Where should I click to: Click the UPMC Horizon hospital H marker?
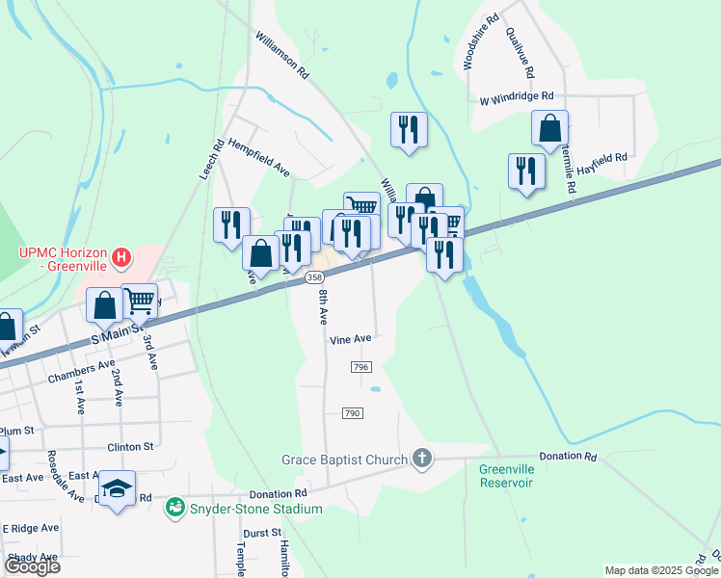pyautogui.click(x=120, y=257)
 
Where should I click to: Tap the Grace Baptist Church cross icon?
pyautogui.click(x=421, y=459)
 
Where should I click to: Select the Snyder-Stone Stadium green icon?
pyautogui.click(x=174, y=506)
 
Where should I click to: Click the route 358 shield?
pyautogui.click(x=313, y=277)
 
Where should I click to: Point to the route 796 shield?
pyautogui.click(x=361, y=368)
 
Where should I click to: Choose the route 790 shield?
pyautogui.click(x=352, y=412)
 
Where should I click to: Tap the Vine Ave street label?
pyautogui.click(x=350, y=339)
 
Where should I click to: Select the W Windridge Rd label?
pyautogui.click(x=517, y=97)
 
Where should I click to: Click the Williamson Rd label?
pyautogui.click(x=281, y=55)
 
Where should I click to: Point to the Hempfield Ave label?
pyautogui.click(x=259, y=158)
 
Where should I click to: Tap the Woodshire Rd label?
pyautogui.click(x=480, y=42)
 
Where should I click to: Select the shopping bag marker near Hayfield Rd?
pyautogui.click(x=549, y=128)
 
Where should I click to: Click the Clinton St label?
pyautogui.click(x=130, y=447)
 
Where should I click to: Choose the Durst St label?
pyautogui.click(x=262, y=532)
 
